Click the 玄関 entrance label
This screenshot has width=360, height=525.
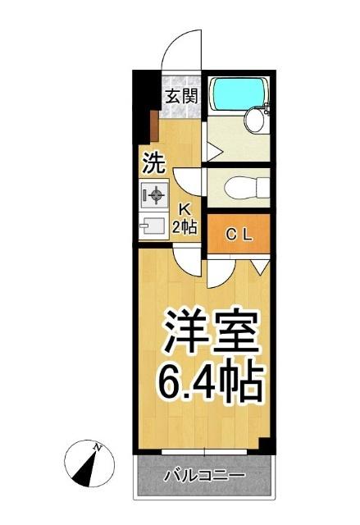[x=180, y=95]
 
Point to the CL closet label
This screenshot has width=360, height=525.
[x=239, y=235]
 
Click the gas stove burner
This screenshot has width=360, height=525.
[x=153, y=195]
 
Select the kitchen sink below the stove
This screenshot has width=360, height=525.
[x=153, y=225]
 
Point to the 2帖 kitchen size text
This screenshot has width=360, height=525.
[x=185, y=226]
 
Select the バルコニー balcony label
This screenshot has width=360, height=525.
[x=203, y=476]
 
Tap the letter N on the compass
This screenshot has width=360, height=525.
[x=98, y=447]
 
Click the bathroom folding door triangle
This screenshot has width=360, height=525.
[x=212, y=153]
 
